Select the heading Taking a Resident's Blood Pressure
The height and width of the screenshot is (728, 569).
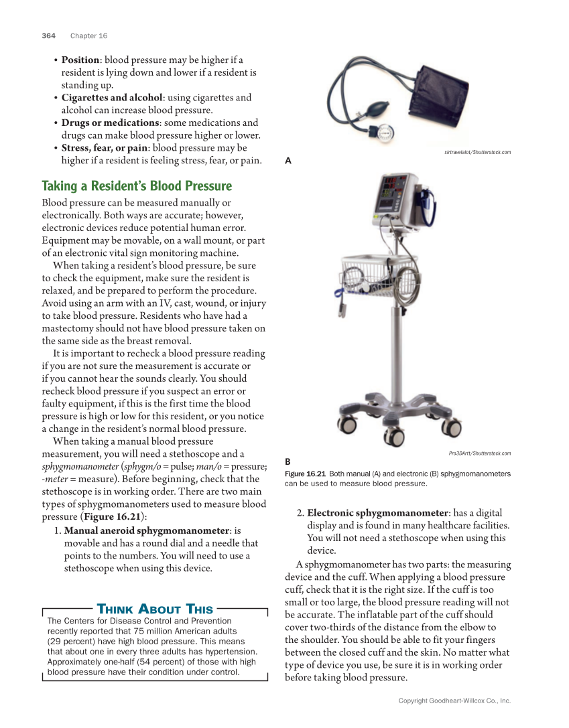[137, 186]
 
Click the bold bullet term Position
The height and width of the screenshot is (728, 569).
[80, 60]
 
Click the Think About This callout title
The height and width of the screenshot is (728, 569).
[155, 609]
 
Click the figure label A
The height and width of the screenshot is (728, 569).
[288, 161]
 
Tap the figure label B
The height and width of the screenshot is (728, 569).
[288, 461]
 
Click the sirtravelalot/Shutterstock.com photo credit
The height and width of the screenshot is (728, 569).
[477, 153]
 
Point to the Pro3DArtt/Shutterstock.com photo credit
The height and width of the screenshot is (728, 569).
[479, 453]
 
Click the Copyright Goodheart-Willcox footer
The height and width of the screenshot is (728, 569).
[454, 701]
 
